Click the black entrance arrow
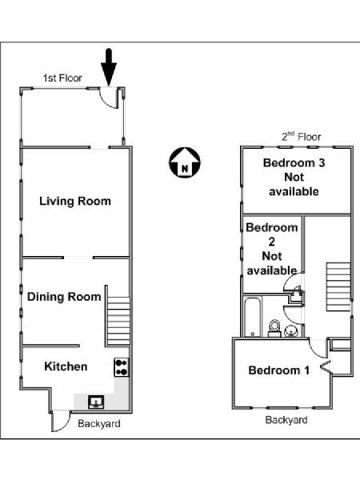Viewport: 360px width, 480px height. pos(109,66)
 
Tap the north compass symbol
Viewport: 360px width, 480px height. pos(185,162)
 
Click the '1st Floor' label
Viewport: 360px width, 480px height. pos(62,78)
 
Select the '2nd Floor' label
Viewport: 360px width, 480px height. pos(302,137)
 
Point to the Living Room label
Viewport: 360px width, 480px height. pos(75,201)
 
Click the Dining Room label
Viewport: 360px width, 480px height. pos(64,297)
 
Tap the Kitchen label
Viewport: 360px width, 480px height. pos(66,366)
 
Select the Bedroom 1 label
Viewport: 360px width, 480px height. pos(279,370)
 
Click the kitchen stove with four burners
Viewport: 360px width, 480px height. pos(122,367)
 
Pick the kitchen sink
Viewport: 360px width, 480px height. pos(96,402)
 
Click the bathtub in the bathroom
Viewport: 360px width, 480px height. pos(253,317)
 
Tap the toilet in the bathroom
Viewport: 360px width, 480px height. pos(274,328)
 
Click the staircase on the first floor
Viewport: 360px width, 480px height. pos(118,321)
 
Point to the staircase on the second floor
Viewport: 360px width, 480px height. pos(338,287)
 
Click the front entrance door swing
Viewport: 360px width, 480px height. pos(110,98)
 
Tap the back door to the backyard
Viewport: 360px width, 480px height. pos(61,421)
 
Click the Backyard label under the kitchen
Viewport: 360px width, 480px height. pos(99,424)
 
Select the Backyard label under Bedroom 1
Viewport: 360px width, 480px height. pos(286,420)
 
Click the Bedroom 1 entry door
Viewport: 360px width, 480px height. pos(318,348)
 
